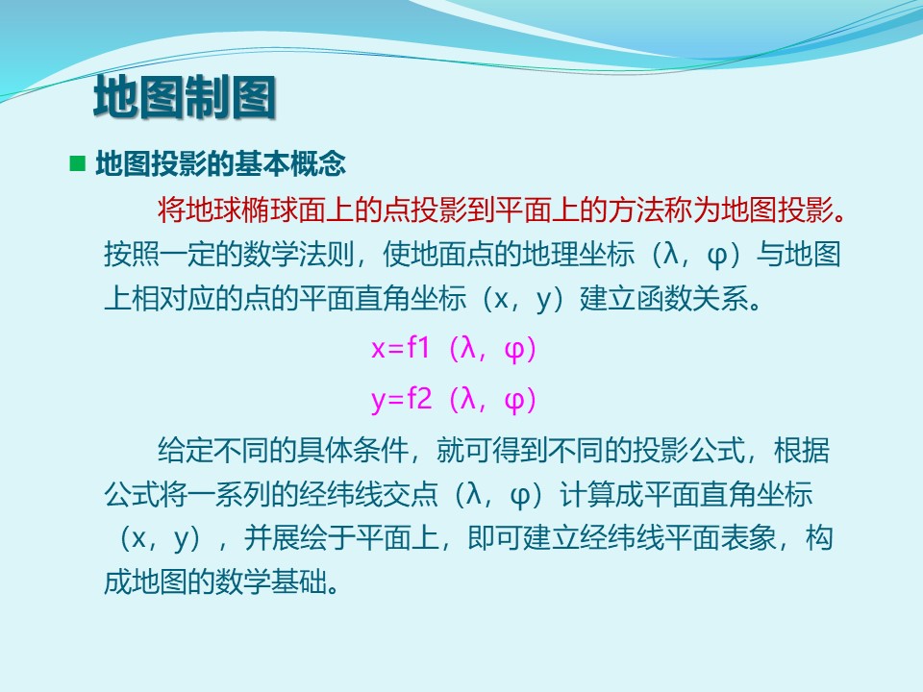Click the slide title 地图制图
pyautogui.click(x=185, y=97)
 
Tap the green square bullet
pyautogui.click(x=77, y=163)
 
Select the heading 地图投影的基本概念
pyautogui.click(x=221, y=163)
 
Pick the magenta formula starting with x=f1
pyautogui.click(x=453, y=348)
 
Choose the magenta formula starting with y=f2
pyautogui.click(x=453, y=400)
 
